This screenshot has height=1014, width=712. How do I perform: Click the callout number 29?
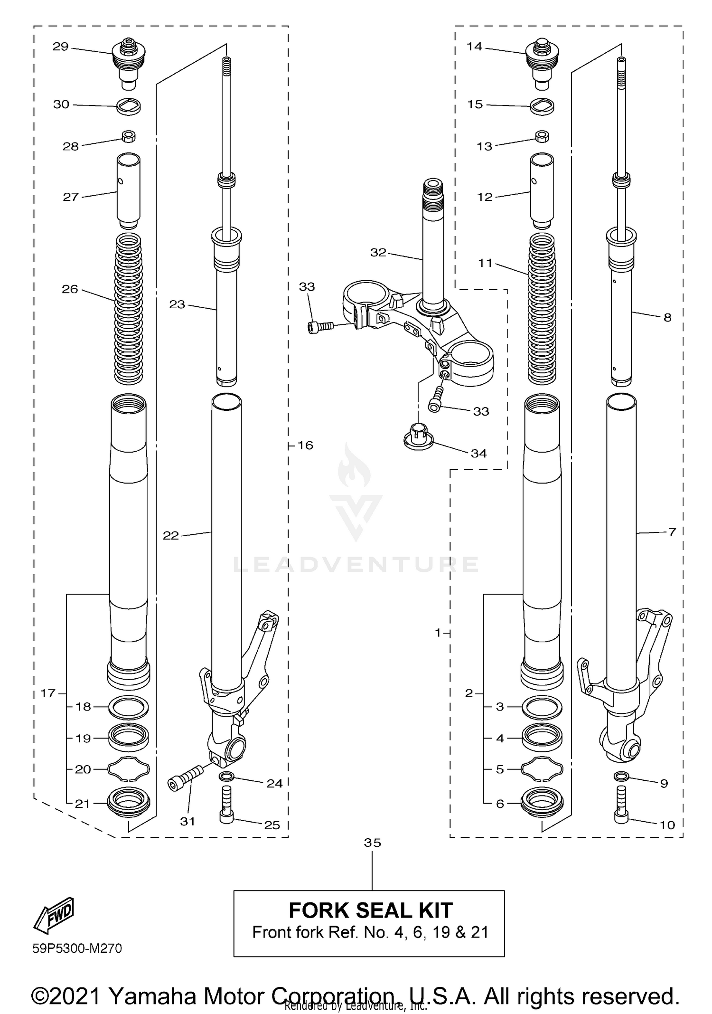(x=60, y=47)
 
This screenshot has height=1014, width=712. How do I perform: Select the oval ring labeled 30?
(x=128, y=106)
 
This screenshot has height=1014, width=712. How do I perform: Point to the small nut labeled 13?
(x=542, y=137)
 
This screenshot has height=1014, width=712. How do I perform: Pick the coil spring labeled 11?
(x=542, y=309)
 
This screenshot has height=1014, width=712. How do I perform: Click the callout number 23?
(x=177, y=304)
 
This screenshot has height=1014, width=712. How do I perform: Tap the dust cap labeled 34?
(x=418, y=436)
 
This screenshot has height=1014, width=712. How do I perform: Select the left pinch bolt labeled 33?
(x=319, y=327)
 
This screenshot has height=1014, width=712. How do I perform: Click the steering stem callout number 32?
(x=378, y=253)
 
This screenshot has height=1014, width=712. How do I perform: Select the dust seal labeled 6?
(x=542, y=804)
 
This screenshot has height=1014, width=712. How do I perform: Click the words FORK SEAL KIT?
(x=370, y=910)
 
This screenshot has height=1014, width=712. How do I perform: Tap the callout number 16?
(x=305, y=445)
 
